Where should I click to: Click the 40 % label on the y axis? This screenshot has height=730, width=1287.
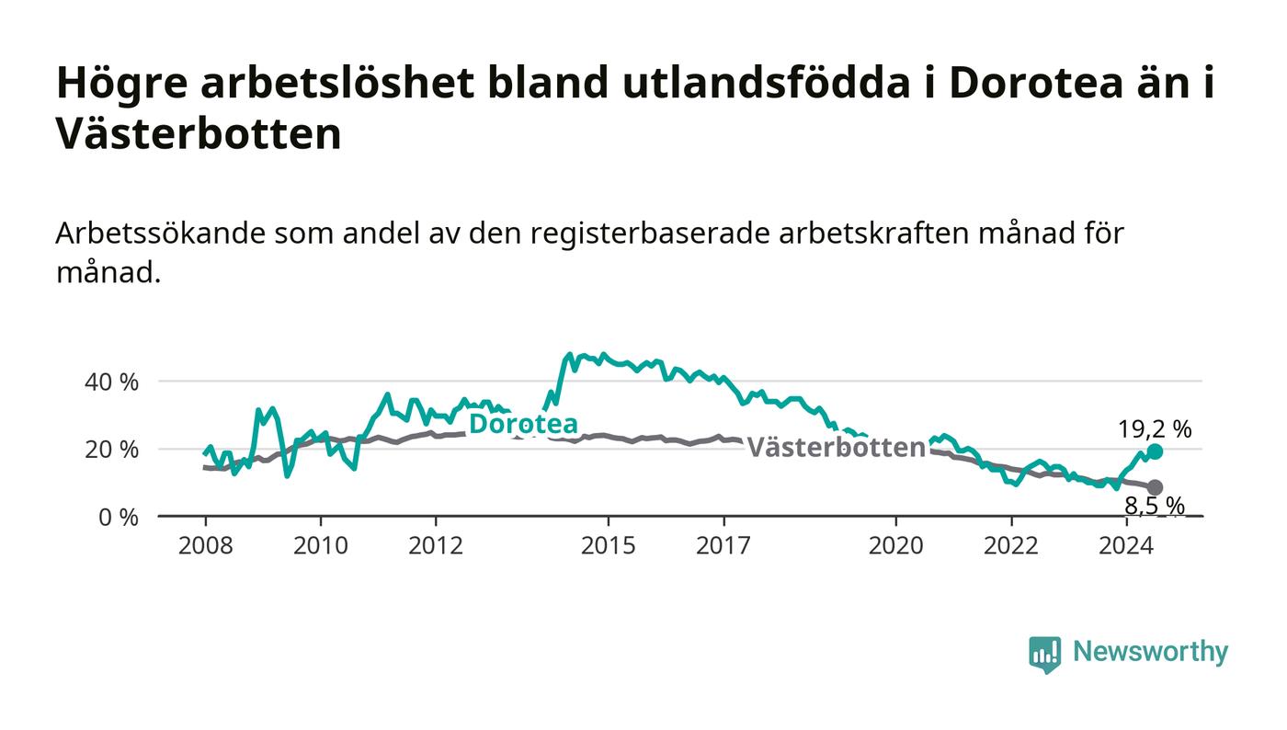111,382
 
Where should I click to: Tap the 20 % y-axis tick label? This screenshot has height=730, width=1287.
111,450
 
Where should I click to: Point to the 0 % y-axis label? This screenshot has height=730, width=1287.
119,518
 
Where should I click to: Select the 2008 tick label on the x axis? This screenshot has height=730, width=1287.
206,545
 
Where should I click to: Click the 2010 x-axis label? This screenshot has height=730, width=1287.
321,545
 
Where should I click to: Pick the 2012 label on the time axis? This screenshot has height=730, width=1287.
436,545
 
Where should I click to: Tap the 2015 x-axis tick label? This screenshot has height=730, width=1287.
609,545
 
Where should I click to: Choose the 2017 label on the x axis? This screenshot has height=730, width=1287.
723,545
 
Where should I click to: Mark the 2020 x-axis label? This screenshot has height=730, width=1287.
895,545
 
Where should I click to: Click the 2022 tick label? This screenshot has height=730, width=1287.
1011,545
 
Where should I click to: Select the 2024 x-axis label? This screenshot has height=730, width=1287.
1126,545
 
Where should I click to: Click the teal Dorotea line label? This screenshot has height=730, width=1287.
523,424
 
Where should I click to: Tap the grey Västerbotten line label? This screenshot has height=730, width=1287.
836,447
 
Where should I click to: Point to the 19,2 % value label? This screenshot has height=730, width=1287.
1155,429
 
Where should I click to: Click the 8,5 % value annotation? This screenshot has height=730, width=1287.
1155,506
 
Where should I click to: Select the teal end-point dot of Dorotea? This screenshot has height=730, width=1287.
1155,451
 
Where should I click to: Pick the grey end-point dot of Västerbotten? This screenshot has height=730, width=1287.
1155,487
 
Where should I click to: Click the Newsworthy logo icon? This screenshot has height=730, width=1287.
1044,654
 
